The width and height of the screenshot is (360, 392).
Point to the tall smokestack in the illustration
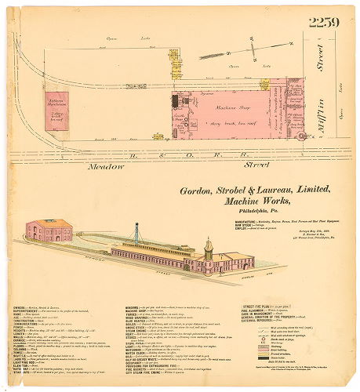[x=136, y=234]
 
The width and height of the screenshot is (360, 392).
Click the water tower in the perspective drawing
[x=209, y=249]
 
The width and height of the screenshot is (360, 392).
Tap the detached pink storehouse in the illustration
[x=49, y=230]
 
